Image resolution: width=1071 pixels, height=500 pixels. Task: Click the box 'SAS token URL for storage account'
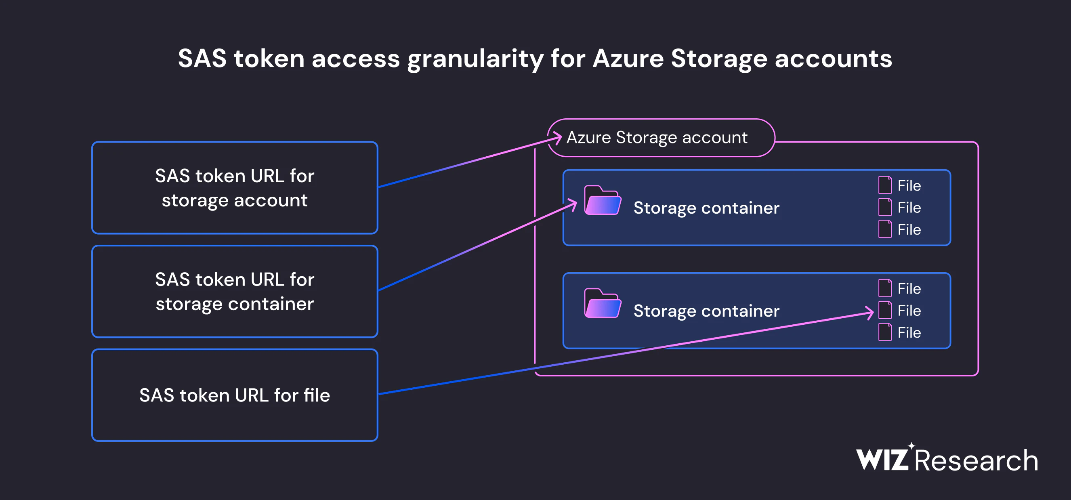click(235, 188)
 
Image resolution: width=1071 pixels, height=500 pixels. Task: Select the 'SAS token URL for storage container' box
click(235, 291)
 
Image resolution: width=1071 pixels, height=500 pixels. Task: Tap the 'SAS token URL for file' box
click(235, 395)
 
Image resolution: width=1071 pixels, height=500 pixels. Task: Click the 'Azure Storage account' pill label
click(661, 138)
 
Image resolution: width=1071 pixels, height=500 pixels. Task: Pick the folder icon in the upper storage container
click(603, 200)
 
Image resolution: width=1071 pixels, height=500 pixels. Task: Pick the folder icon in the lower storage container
click(603, 303)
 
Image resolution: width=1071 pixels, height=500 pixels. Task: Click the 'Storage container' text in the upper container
click(706, 208)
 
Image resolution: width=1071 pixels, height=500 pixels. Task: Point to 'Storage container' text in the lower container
click(706, 311)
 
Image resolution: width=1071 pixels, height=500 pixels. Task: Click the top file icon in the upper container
click(884, 185)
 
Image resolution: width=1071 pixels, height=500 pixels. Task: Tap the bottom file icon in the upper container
click(884, 229)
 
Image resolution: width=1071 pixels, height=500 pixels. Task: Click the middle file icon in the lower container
click(884, 311)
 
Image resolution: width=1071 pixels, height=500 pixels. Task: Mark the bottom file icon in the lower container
click(884, 332)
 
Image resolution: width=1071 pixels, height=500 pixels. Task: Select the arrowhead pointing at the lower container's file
click(870, 313)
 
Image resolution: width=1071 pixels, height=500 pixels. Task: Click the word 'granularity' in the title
click(475, 59)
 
